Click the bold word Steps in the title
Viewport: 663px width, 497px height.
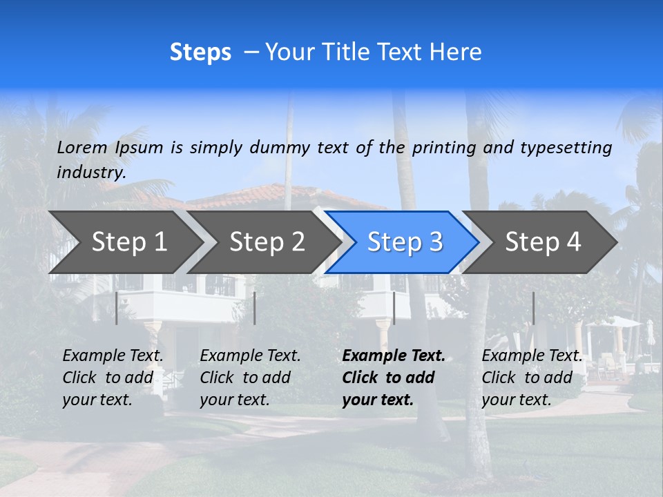200,52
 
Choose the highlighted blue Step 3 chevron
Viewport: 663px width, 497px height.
405,242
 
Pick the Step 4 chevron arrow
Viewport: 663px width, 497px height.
543,242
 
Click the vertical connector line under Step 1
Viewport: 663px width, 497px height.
117,308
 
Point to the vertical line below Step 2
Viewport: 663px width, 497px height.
255,308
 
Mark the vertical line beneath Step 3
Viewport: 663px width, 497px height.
394,308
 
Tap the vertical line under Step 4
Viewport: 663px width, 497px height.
533,308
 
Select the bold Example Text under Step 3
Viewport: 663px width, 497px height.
394,378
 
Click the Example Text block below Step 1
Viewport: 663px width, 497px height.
113,378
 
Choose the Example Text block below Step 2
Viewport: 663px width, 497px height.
250,378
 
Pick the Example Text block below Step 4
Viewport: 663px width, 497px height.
532,378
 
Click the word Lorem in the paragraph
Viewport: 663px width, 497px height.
82,147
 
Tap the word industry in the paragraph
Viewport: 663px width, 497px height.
91,173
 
